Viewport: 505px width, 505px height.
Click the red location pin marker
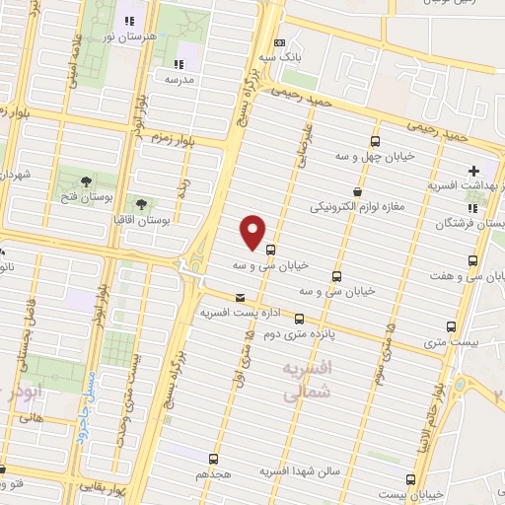253,232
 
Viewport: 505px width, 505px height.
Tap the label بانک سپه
279,58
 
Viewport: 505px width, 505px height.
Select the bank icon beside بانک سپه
279,42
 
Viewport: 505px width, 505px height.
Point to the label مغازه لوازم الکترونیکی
356,208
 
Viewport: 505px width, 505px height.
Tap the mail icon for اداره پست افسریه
240,297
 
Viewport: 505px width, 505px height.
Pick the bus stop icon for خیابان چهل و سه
374,140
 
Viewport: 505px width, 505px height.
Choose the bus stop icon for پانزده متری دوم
299,320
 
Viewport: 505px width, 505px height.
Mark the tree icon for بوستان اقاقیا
140,203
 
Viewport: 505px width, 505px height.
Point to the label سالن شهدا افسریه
301,471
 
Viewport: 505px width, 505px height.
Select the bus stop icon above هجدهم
214,459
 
